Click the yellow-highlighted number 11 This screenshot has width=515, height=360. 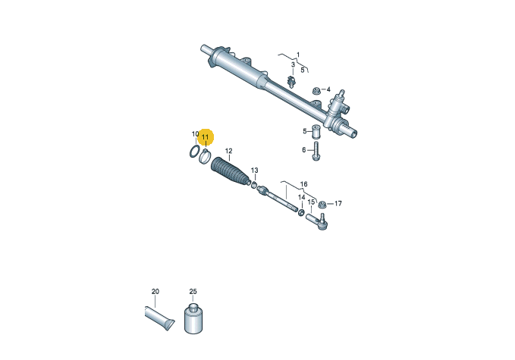point(205,137)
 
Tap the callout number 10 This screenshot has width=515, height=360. point(195,134)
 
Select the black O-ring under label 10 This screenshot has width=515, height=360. point(194,152)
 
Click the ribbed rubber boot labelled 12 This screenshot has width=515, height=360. point(231,174)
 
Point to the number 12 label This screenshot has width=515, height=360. point(228,151)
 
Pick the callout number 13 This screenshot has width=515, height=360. point(255,171)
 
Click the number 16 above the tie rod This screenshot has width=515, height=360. point(304,184)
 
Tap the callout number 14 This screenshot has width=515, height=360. point(301,197)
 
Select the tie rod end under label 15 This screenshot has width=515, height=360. point(317,221)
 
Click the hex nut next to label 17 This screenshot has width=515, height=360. point(322,204)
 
